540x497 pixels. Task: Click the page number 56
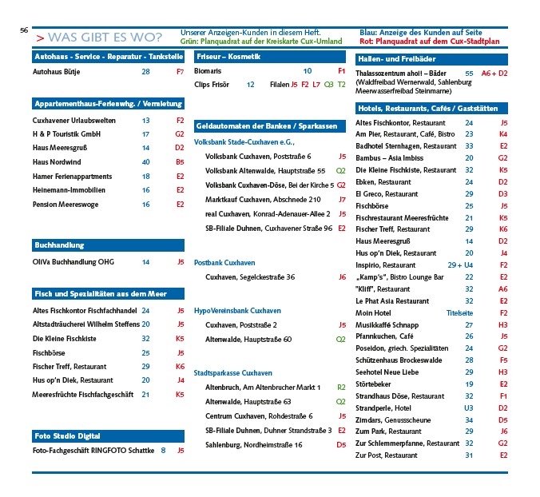(24, 30)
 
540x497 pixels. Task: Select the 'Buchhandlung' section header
(58, 245)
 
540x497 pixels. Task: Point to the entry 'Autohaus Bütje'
(57, 71)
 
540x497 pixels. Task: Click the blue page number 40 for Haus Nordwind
(145, 162)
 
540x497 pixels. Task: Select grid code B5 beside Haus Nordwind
(180, 162)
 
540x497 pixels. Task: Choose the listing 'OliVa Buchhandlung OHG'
(71, 261)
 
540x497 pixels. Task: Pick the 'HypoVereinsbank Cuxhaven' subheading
(237, 310)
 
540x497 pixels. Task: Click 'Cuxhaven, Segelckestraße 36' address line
(250, 276)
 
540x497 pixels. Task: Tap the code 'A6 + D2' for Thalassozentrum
(494, 73)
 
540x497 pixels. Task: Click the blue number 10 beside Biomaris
(308, 71)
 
